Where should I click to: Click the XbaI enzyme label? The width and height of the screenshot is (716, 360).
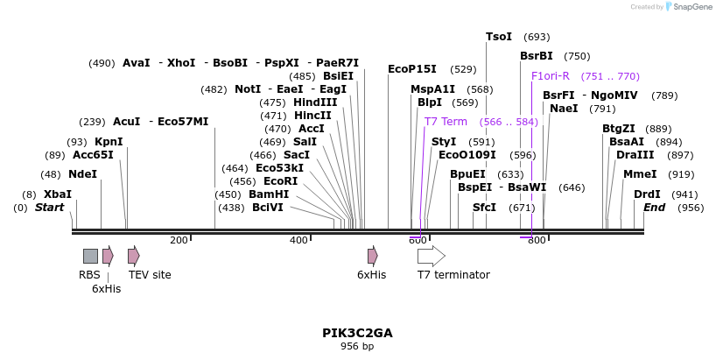(58, 194)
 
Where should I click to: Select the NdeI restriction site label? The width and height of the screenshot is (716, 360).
(82, 174)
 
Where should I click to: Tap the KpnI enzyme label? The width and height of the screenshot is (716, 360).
(109, 142)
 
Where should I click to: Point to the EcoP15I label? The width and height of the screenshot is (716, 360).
(412, 69)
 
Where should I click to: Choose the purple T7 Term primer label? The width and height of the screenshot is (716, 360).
(446, 122)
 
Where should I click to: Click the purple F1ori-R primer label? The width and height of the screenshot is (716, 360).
(551, 76)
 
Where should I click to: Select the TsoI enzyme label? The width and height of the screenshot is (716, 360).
(499, 37)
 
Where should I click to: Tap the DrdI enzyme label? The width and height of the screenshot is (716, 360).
(647, 194)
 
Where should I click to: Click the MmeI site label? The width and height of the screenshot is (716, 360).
(640, 174)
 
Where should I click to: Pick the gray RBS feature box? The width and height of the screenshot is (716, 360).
(90, 256)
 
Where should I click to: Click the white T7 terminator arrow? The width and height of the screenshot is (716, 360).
(431, 256)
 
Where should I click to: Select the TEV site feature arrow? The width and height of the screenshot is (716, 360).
(133, 256)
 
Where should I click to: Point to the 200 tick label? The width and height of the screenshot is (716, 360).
(179, 240)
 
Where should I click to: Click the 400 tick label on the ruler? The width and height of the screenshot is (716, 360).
(298, 240)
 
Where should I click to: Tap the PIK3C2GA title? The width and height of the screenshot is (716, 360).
(357, 333)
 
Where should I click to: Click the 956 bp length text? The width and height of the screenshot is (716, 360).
(357, 347)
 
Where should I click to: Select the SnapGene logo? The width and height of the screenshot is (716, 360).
(687, 7)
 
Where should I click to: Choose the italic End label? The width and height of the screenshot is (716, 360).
(655, 208)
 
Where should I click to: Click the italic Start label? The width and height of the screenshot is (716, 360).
(49, 208)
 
